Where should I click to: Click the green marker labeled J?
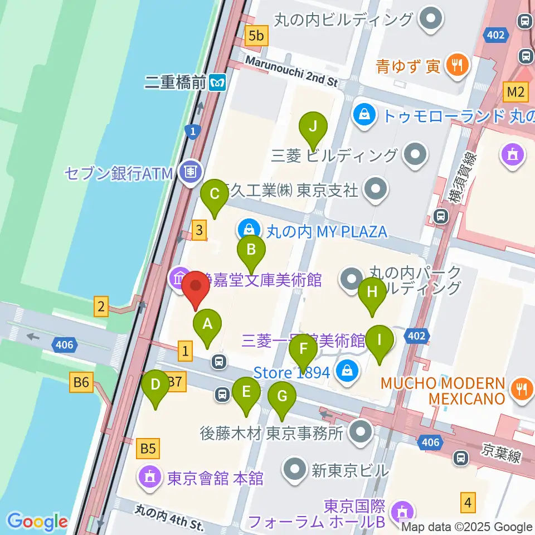[313, 127]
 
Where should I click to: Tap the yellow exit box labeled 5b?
[256, 36]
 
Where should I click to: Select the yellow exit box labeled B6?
[81, 383]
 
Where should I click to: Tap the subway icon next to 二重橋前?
[217, 84]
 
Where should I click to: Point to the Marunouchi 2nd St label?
[291, 71]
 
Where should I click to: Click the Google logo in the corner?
[37, 521]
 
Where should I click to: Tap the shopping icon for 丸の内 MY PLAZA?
[246, 228]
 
